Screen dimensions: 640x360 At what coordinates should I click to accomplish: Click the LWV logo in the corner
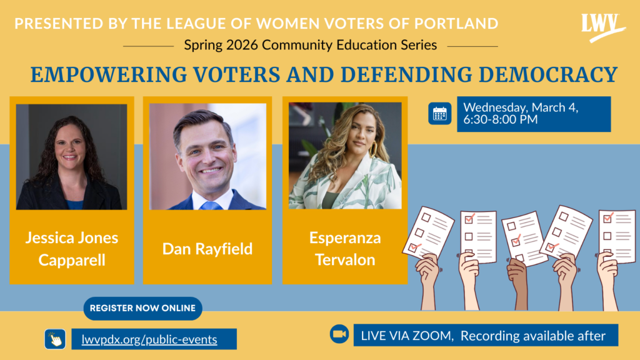[x=602, y=27]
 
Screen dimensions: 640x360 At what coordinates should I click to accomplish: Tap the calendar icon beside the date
[x=439, y=114]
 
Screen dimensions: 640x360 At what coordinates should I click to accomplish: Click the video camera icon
[x=339, y=334]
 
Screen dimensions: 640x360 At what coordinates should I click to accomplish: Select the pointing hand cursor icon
[x=55, y=339]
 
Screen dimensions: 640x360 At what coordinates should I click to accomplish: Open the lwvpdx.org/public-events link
[x=149, y=339]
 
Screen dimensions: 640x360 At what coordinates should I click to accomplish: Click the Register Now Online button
[x=143, y=308]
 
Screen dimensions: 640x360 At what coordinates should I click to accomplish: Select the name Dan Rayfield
[x=207, y=249]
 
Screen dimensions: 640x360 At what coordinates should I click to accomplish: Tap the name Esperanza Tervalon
[x=345, y=249]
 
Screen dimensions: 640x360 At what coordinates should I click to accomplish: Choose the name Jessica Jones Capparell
[x=72, y=249]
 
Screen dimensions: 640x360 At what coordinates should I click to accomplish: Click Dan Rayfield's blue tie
[x=211, y=205]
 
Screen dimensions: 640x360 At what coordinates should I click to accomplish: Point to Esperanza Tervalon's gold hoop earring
[x=373, y=149]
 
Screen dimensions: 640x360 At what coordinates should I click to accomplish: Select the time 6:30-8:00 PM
[x=501, y=119]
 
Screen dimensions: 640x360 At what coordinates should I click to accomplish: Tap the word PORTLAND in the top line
[x=456, y=24]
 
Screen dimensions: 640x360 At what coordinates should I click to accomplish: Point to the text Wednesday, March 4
[x=521, y=107]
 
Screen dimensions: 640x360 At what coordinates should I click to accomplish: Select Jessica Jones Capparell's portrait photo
[x=71, y=157]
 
